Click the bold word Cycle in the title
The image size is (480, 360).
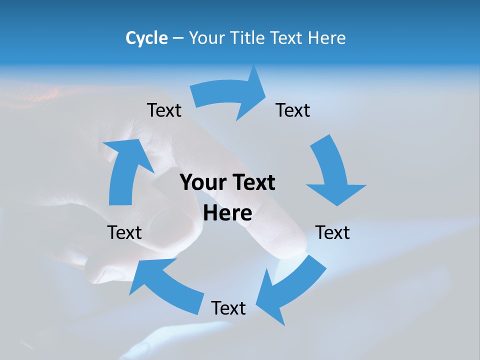[146, 38]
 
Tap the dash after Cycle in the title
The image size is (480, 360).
[178, 38]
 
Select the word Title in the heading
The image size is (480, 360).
[248, 38]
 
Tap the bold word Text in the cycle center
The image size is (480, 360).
[251, 182]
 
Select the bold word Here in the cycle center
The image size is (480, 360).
[227, 213]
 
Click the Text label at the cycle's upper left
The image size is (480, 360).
[164, 110]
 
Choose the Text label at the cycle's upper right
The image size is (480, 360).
[293, 110]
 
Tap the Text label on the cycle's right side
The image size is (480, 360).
[333, 232]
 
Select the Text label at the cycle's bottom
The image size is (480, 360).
[228, 308]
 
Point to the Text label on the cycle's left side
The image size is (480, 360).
[124, 232]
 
